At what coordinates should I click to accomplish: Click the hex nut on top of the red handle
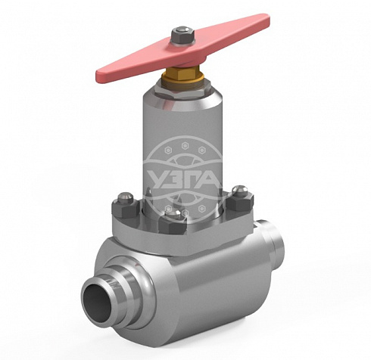[x=182, y=36]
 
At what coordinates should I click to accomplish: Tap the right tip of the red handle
[x=269, y=19]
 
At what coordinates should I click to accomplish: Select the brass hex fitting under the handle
[x=182, y=74]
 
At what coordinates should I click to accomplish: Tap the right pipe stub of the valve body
[x=271, y=241]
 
